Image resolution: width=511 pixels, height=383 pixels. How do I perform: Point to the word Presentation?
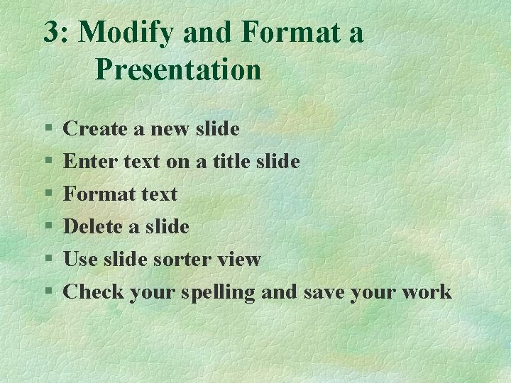[178, 70]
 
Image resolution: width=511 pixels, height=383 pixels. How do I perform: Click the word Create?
[94, 129]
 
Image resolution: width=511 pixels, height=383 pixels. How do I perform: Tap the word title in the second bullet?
[224, 162]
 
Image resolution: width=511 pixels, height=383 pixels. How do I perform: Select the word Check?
[93, 292]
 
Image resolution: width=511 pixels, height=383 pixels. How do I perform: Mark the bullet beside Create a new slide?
[48, 130]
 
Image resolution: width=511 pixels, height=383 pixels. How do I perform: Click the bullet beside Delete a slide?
[48, 228]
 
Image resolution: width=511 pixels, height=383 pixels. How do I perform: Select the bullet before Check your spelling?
[48, 292]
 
